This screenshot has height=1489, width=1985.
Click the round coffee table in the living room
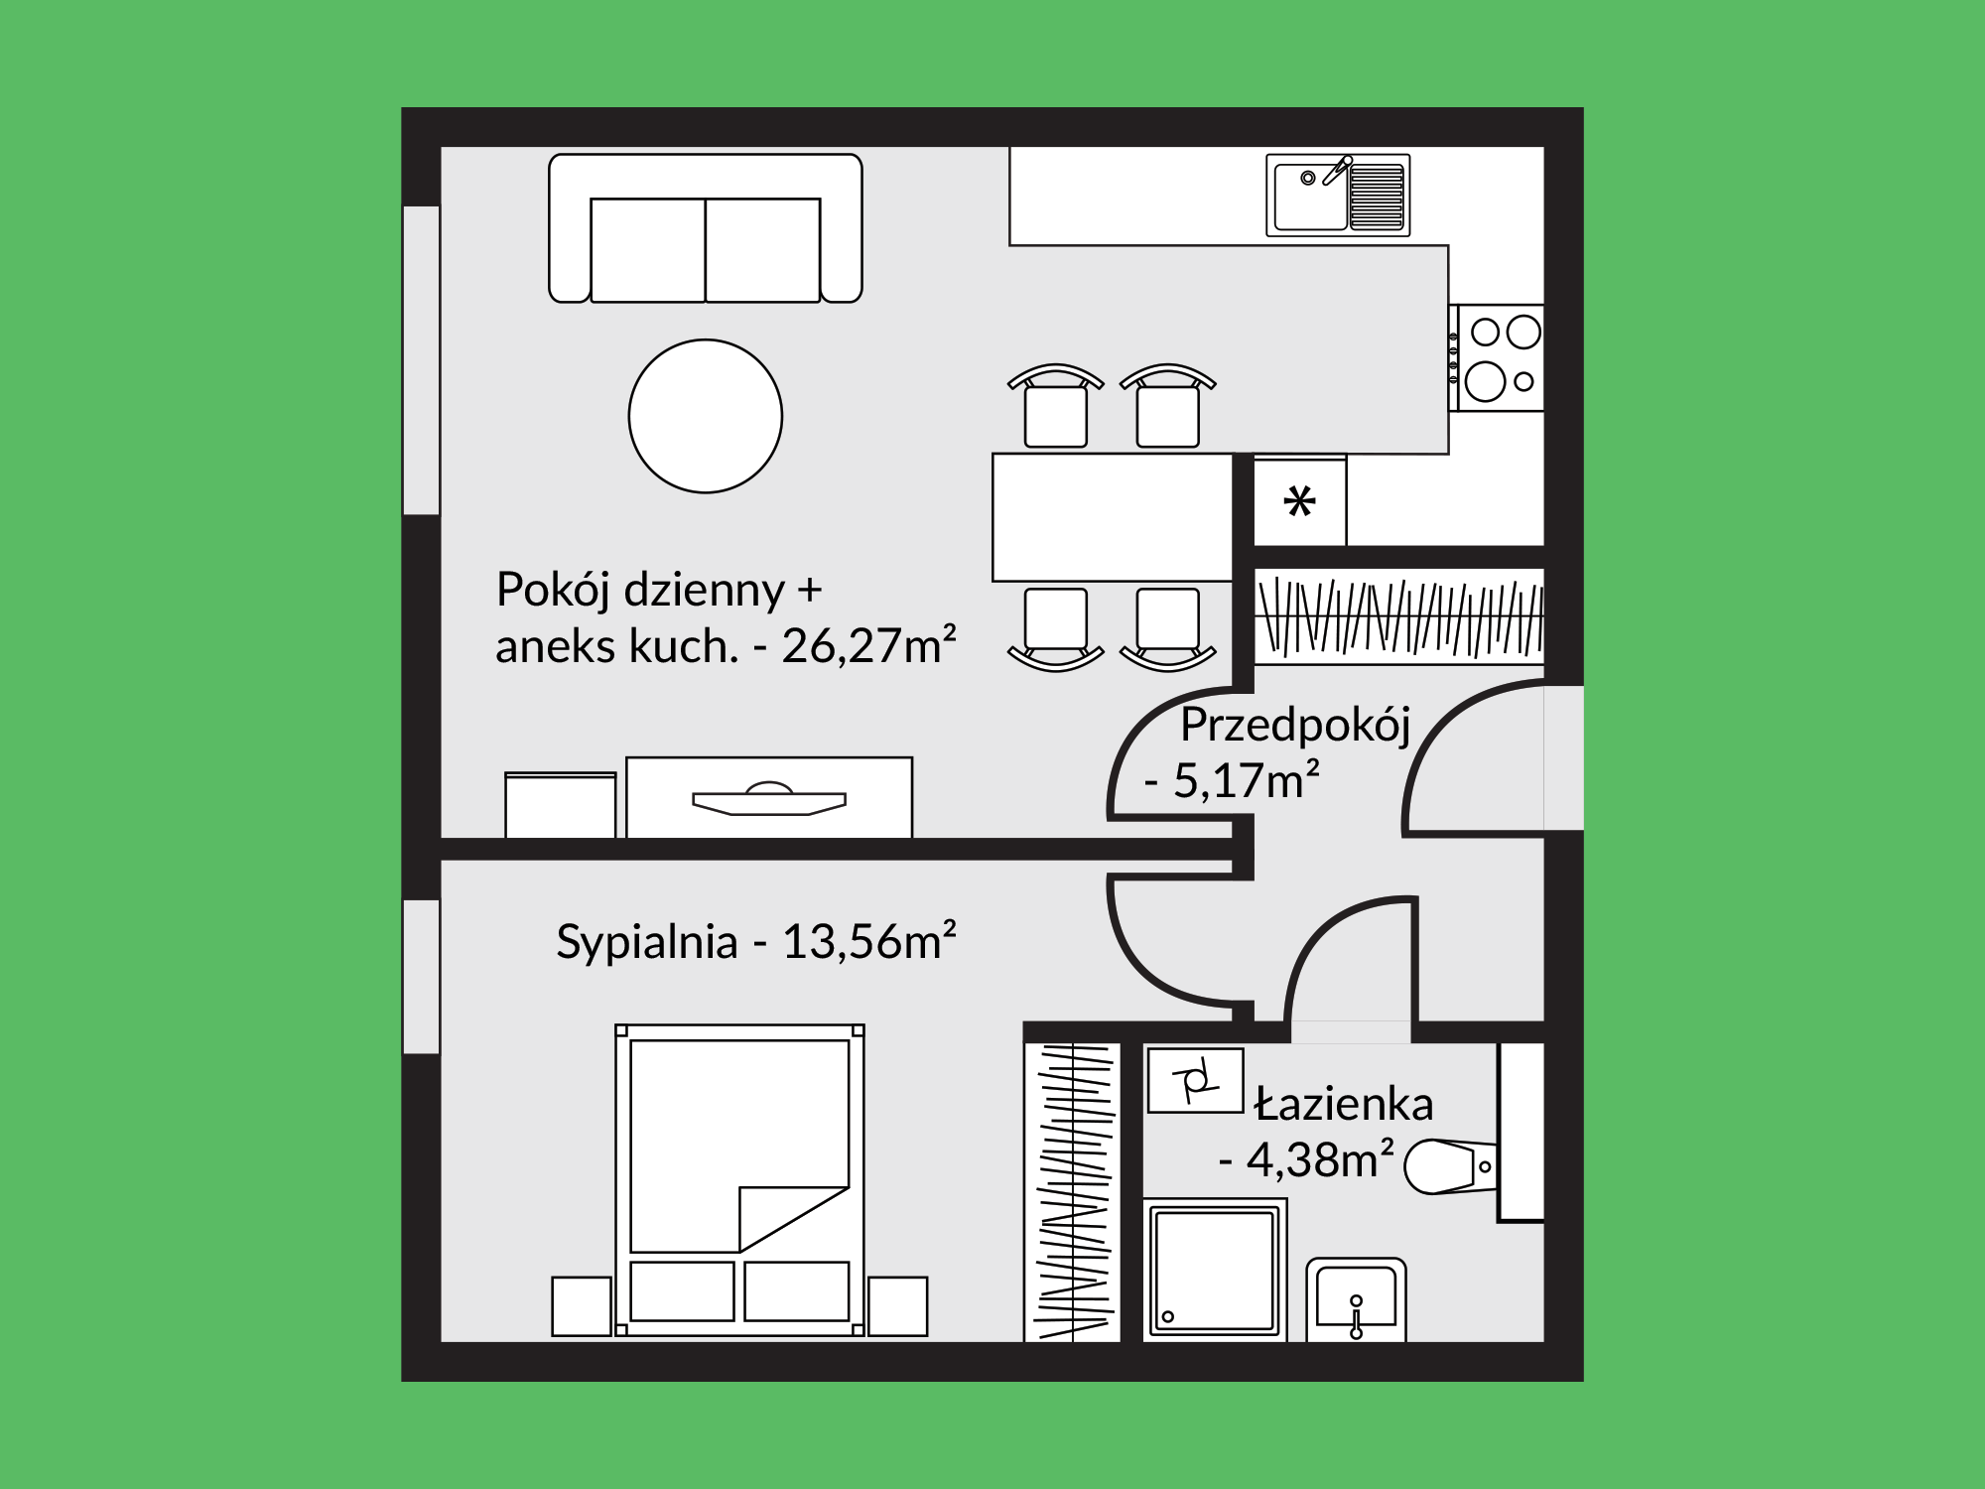[x=706, y=416]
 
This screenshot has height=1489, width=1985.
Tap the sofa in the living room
[x=706, y=228]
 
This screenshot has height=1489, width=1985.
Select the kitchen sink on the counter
[x=1338, y=196]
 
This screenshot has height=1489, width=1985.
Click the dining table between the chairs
[x=1113, y=517]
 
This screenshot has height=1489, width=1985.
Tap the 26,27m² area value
[x=868, y=647]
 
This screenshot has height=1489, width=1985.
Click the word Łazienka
[x=1344, y=1104]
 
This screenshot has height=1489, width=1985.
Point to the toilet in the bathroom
[x=1451, y=1166]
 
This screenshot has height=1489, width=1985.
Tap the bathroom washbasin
[x=1356, y=1299]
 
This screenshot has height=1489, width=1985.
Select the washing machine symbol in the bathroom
[x=1195, y=1081]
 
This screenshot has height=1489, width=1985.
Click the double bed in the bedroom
[x=739, y=1180]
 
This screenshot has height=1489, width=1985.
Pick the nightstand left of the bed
[x=582, y=1306]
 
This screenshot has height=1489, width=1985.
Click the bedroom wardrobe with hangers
[x=1073, y=1192]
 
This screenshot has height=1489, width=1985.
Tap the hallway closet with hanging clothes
[x=1399, y=616]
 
